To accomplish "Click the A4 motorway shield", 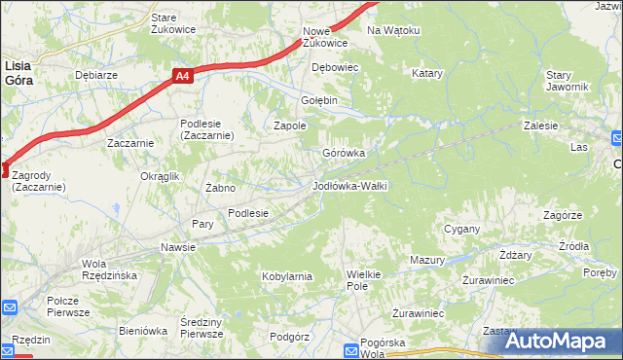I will coord(184,74).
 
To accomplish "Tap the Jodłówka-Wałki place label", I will coord(349,185).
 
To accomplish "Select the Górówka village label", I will coord(344,153).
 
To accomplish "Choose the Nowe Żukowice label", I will coord(324,37).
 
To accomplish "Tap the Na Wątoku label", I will coord(393,30).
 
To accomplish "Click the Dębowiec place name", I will coord(335,67).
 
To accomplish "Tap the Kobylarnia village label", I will coord(286,276).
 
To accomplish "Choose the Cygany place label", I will coord(462,229).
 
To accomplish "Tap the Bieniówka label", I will coord(143,331).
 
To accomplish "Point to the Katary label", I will coord(427,73).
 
